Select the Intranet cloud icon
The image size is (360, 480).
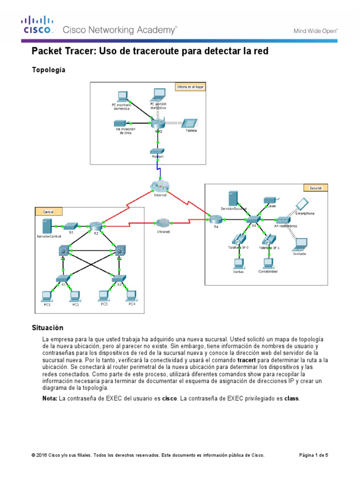click(x=163, y=223)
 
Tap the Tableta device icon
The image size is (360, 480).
click(x=188, y=123)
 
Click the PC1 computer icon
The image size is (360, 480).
click(x=46, y=296)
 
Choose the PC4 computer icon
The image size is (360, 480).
click(x=132, y=295)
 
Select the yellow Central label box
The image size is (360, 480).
click(x=48, y=212)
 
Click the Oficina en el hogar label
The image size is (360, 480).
click(x=190, y=87)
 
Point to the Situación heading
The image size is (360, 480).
click(x=47, y=328)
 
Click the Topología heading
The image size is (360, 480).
click(x=48, y=70)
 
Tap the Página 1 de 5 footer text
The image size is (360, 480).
click(x=314, y=455)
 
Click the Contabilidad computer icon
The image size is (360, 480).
click(x=268, y=262)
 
